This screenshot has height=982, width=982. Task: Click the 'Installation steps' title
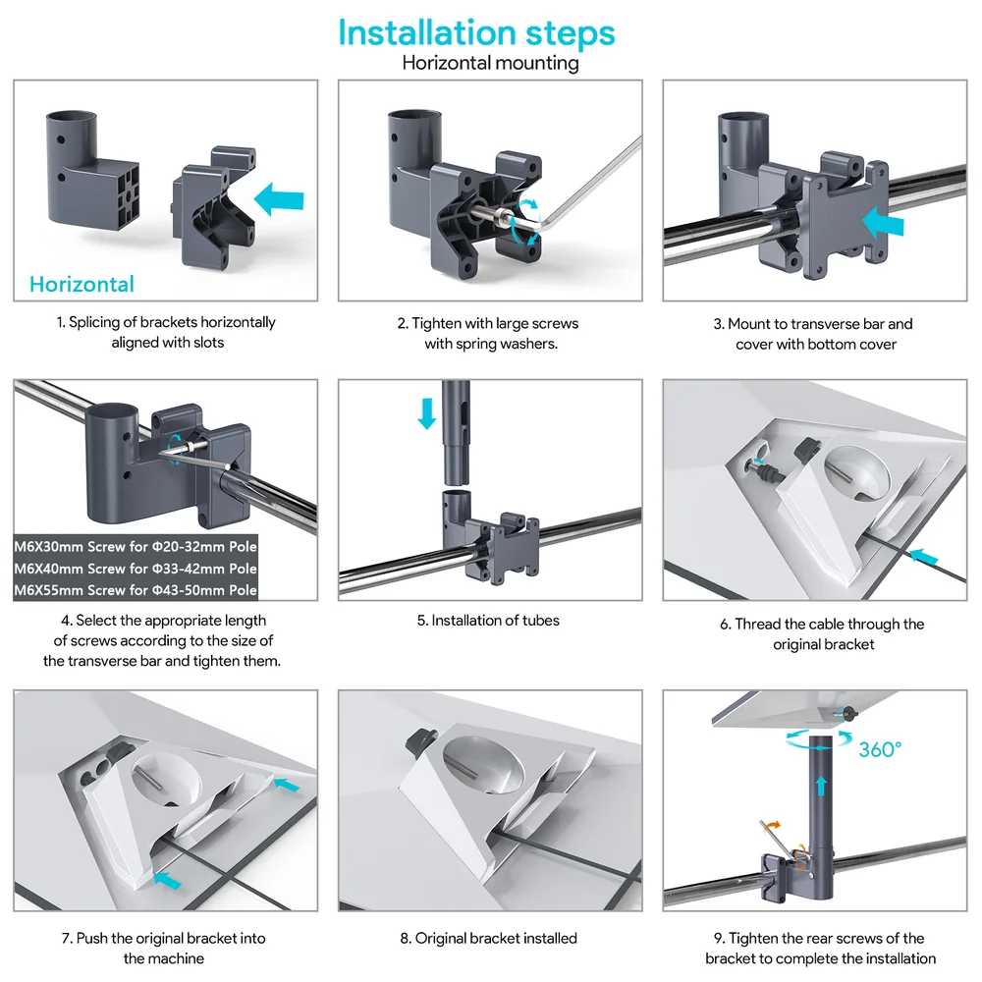(x=476, y=33)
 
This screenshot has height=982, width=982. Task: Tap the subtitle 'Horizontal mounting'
(x=490, y=63)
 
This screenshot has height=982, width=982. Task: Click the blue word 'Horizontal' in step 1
(x=82, y=285)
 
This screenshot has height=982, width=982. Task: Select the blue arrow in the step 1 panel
(x=279, y=199)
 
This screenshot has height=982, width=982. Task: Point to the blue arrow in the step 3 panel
(x=883, y=222)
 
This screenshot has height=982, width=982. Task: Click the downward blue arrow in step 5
(x=427, y=413)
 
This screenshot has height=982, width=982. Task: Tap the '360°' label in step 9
(x=880, y=749)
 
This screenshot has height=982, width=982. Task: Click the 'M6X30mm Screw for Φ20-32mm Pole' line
(x=136, y=546)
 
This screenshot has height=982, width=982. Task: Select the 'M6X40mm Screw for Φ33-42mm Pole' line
(x=136, y=568)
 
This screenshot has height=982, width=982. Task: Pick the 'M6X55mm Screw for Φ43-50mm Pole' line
(x=136, y=590)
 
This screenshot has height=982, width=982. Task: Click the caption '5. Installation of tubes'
(x=488, y=620)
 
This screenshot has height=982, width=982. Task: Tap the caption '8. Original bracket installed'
(x=488, y=938)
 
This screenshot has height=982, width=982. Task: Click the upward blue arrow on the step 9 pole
(x=821, y=786)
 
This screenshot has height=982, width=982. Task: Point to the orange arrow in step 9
(x=774, y=826)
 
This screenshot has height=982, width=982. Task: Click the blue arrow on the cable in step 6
(x=924, y=556)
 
